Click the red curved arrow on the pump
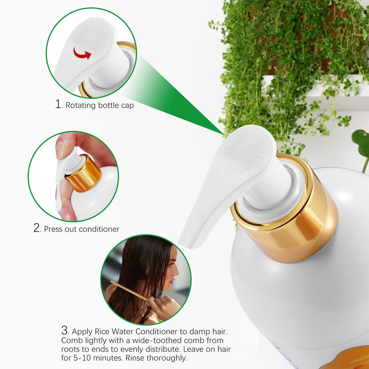(x=82, y=53)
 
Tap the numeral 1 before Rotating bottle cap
(x=58, y=104)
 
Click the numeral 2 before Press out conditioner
(x=37, y=228)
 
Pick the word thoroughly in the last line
(x=167, y=358)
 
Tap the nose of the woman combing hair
(x=177, y=272)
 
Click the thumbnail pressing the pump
(x=60, y=150)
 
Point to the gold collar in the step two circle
(x=83, y=173)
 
